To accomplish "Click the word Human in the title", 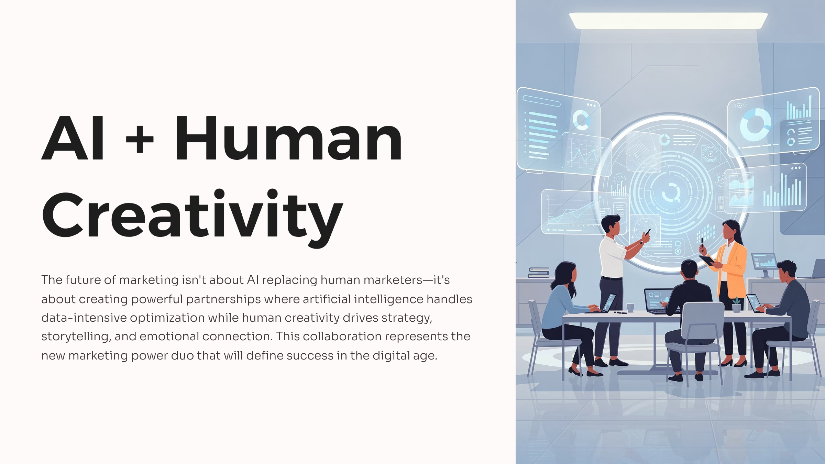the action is pyautogui.click(x=288, y=138).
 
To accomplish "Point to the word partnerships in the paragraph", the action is pyautogui.click(x=223, y=299).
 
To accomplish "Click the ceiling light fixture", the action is pyautogui.click(x=668, y=21).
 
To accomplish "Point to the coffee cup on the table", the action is pyautogui.click(x=630, y=308).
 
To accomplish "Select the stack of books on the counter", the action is pyautogui.click(x=539, y=273).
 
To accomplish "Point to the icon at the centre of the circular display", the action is pyautogui.click(x=671, y=192).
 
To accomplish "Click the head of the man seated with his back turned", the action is pyautogui.click(x=689, y=270).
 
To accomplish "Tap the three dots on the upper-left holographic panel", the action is pyautogui.click(x=591, y=105).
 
